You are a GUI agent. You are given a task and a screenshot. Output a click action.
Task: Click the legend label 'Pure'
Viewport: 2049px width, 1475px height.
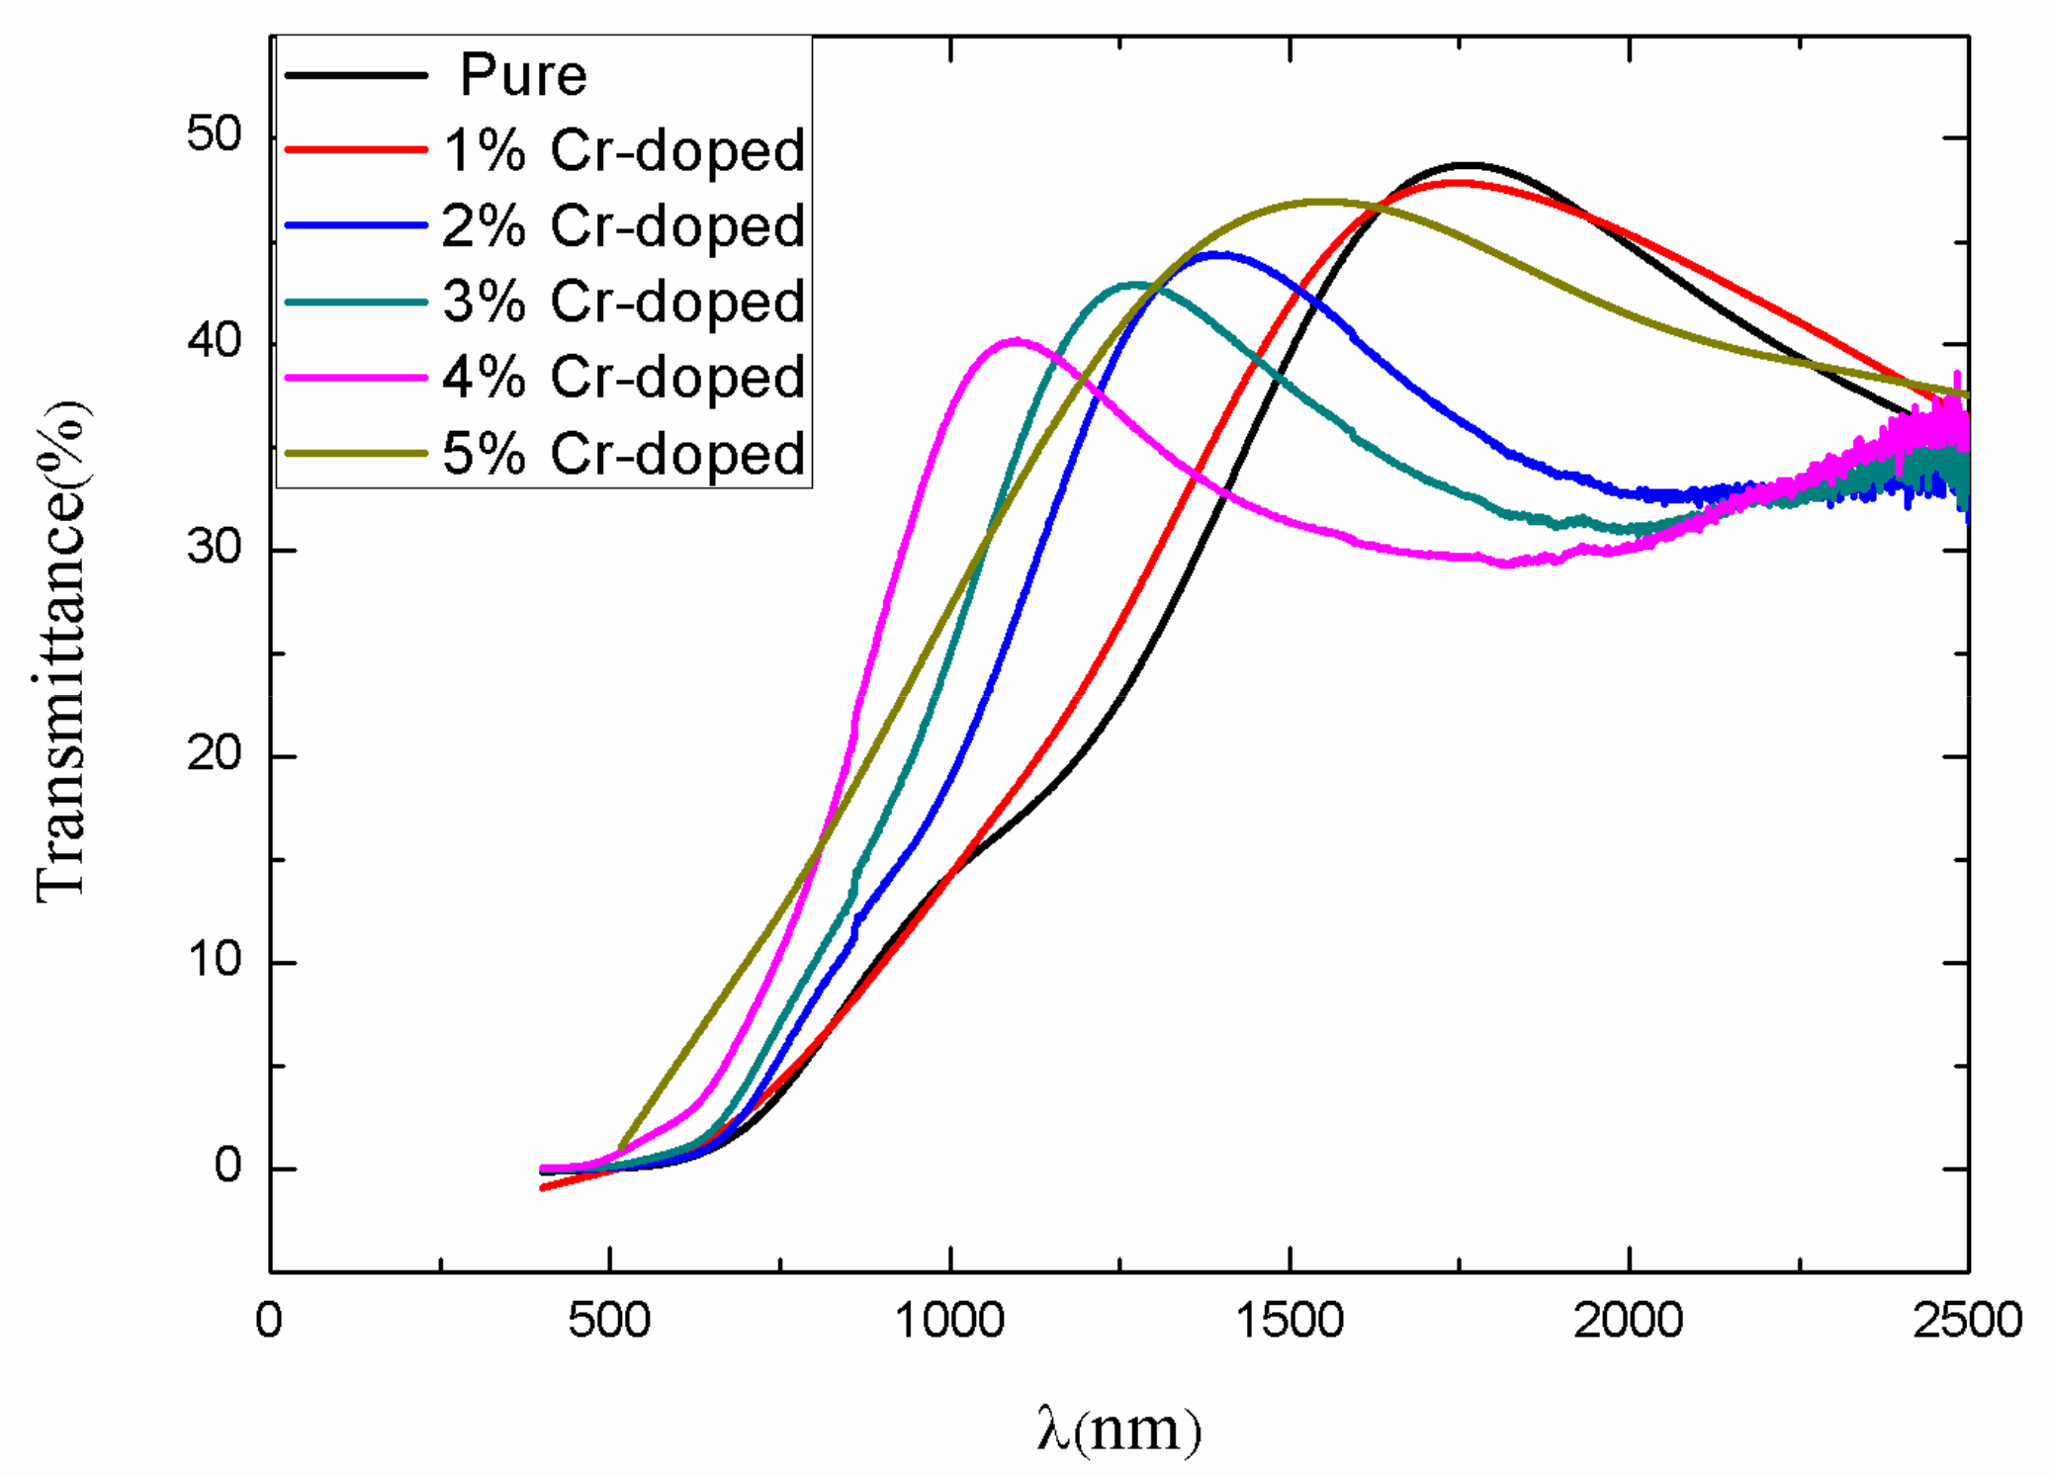(x=523, y=75)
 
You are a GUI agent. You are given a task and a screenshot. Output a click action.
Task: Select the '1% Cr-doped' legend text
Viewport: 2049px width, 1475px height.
(x=624, y=151)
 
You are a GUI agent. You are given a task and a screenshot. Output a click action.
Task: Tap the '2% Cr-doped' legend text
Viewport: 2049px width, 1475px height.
(x=624, y=226)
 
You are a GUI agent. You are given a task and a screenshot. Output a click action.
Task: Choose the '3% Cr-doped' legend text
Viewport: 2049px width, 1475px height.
(x=624, y=302)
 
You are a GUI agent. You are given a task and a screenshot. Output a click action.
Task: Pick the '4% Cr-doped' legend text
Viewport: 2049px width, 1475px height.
(x=624, y=378)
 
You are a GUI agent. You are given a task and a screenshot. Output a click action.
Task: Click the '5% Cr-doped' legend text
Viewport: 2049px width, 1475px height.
(x=624, y=454)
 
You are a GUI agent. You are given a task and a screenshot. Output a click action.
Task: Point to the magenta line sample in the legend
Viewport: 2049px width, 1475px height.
(x=356, y=378)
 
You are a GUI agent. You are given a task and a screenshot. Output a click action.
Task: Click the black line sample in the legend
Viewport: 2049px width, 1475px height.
(x=356, y=75)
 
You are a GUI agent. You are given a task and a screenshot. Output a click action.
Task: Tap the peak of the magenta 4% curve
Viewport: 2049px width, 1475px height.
(x=1016, y=340)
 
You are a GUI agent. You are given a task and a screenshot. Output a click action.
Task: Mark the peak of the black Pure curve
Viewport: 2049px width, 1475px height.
(x=1469, y=165)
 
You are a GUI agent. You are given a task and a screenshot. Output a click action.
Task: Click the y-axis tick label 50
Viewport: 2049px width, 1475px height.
(x=214, y=135)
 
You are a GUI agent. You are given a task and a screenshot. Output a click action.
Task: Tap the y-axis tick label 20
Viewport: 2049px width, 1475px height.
(x=214, y=755)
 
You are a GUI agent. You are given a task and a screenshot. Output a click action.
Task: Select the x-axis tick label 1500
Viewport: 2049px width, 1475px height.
(x=1290, y=1321)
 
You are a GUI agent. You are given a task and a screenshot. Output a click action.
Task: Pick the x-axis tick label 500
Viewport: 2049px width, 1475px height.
(x=609, y=1321)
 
